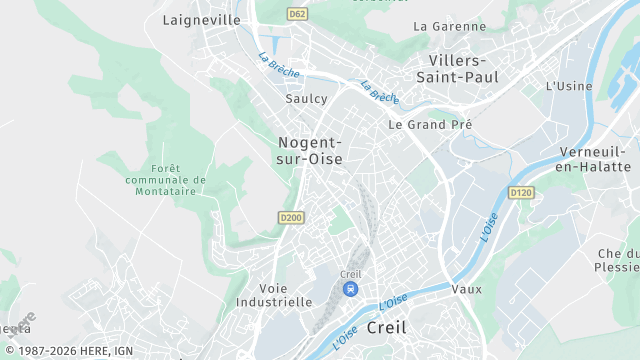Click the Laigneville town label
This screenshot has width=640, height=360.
(x=201, y=20)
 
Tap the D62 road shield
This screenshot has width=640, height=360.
(x=297, y=14)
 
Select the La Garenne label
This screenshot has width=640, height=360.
(x=449, y=26)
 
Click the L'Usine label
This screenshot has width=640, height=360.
(x=569, y=86)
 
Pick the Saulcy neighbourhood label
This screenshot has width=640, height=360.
(x=306, y=100)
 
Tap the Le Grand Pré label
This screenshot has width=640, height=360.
(x=422, y=125)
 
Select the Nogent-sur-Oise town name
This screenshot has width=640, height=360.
(x=310, y=150)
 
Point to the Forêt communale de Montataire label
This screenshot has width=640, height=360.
(x=166, y=180)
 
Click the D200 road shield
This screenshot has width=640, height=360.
(x=290, y=217)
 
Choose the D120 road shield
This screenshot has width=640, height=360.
(x=520, y=192)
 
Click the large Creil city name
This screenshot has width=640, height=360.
(x=387, y=327)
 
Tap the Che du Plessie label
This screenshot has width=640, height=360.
(x=617, y=261)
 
